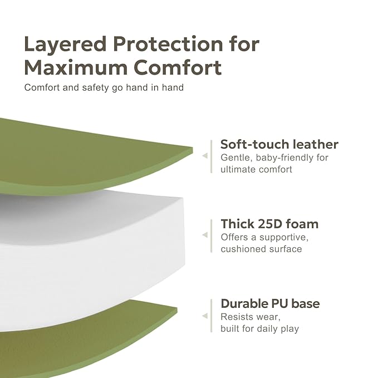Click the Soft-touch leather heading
tap(279, 144)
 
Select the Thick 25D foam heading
tap(269, 224)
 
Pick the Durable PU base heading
tap(270, 303)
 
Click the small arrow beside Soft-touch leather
tap(204, 156)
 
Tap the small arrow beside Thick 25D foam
tap(204, 235)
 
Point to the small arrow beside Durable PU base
tap(204, 316)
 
